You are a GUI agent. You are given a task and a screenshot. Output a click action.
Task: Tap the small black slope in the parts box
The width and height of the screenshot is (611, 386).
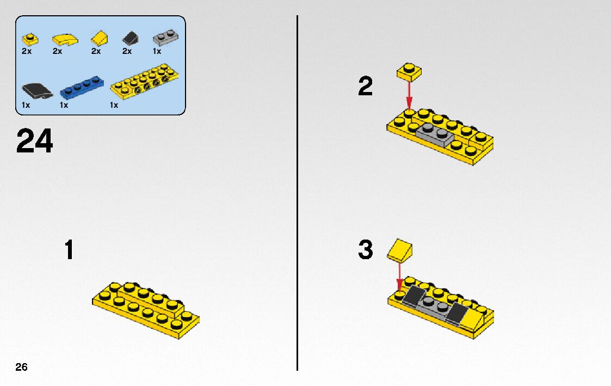[x=130, y=38]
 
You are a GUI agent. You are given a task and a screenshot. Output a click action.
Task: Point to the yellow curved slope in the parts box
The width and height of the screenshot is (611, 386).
[x=65, y=39]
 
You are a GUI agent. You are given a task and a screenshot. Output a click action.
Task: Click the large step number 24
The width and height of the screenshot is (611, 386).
[x=35, y=142]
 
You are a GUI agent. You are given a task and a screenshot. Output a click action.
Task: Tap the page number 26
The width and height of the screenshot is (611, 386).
[x=21, y=367]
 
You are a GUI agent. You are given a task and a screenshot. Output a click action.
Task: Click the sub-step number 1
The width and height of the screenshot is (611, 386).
[x=69, y=250]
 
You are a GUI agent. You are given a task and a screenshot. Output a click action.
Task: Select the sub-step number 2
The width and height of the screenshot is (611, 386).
[x=366, y=87]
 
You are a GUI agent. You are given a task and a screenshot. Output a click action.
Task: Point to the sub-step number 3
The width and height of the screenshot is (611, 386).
[x=366, y=250]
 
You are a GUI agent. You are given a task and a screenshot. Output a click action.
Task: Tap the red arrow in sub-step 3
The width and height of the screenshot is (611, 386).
[x=399, y=275]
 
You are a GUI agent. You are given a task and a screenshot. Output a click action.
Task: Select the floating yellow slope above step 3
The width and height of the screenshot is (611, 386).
[x=400, y=250]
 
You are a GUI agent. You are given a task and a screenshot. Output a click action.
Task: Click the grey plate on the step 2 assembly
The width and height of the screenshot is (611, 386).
[x=434, y=134]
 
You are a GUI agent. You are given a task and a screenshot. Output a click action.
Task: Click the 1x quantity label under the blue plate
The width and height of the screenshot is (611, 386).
[x=64, y=105]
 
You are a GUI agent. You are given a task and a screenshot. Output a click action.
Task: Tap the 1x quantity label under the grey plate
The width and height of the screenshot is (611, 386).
[x=157, y=51]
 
